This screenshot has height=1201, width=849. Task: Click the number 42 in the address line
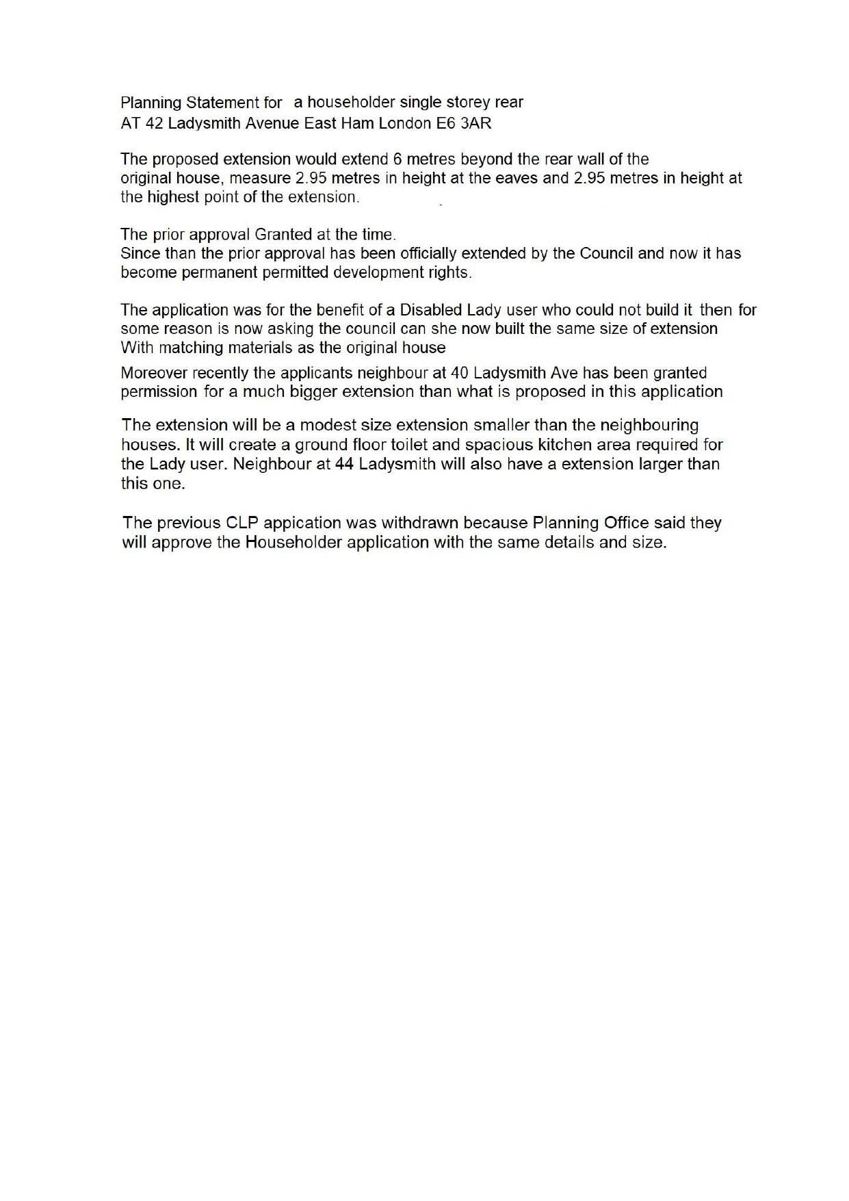click(x=155, y=124)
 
